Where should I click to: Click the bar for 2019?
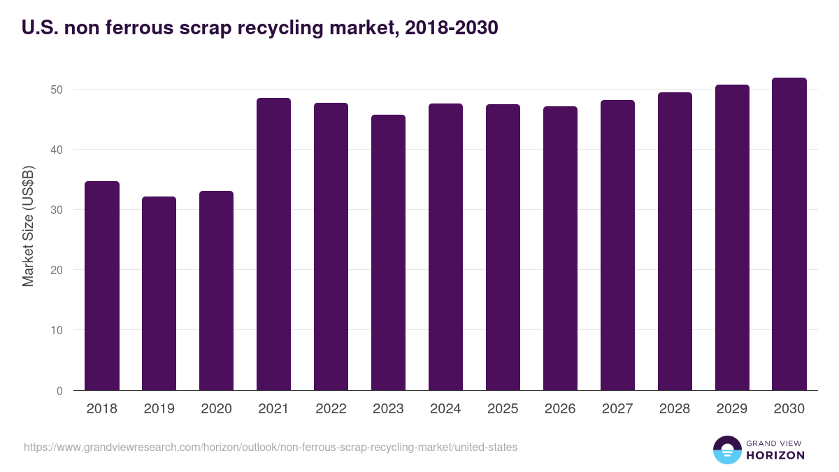[159, 294]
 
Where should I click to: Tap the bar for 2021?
[273, 244]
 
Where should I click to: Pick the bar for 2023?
[388, 252]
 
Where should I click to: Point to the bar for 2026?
[560, 248]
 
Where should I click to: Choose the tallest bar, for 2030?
[789, 234]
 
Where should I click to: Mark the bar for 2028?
[675, 241]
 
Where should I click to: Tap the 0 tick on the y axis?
[60, 391]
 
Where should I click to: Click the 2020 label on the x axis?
[217, 409]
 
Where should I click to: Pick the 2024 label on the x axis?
[445, 409]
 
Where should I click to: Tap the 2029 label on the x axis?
[732, 409]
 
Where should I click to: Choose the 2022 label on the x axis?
[331, 409]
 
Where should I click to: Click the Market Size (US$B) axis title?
[28, 225]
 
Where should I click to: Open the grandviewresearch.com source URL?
[271, 447]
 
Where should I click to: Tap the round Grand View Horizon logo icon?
[726, 450]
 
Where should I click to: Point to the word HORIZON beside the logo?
[775, 455]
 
